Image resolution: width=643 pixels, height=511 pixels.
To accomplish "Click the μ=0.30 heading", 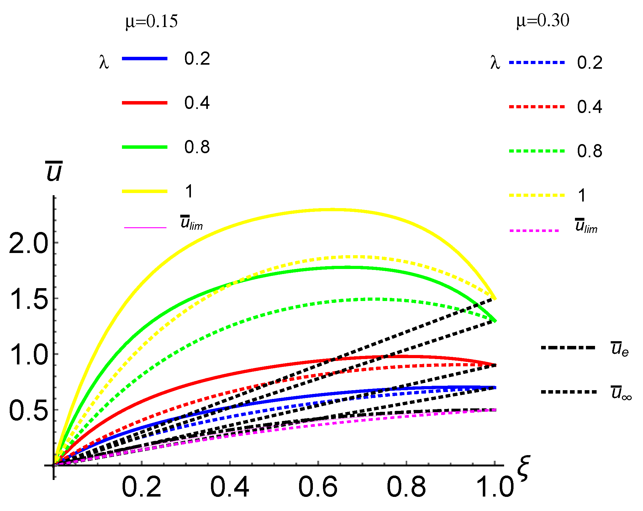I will [x=543, y=21].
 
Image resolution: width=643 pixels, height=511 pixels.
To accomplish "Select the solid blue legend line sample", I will [x=145, y=59].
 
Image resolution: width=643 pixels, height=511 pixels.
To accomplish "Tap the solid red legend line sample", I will [x=145, y=103].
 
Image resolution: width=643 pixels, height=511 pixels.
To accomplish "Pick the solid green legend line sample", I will [x=145, y=147].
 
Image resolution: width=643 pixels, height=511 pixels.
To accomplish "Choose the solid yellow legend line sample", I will [x=145, y=191].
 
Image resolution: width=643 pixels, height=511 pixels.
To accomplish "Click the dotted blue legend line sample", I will [x=536, y=62].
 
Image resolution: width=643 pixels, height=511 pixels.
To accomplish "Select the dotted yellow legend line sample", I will [x=536, y=195].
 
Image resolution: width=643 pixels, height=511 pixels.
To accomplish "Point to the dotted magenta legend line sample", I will [x=534, y=231].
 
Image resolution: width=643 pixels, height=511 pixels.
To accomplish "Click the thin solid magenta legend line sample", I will [x=145, y=227].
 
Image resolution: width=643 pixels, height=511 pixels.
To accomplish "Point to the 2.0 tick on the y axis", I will [x=28, y=244].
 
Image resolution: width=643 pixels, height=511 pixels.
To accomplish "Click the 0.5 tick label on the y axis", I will [x=28, y=411].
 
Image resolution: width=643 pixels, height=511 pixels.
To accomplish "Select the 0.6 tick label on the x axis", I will [x=318, y=487].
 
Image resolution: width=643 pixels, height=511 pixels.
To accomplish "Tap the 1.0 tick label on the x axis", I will [x=495, y=487].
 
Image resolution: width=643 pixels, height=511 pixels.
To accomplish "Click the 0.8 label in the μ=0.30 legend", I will [x=589, y=151].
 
